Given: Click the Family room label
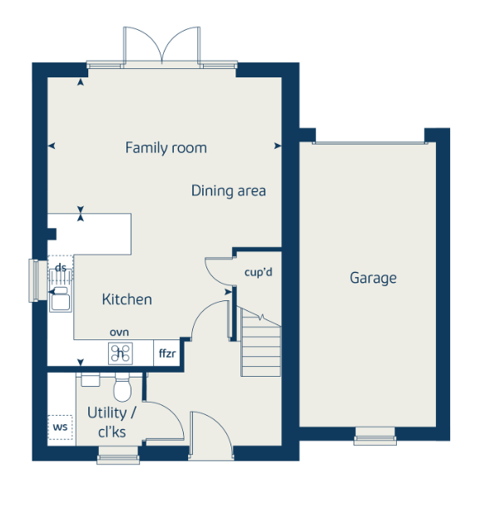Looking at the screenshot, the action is coord(166,148).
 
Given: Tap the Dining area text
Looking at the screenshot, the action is coord(229,190).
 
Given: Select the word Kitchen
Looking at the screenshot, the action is coord(126,299).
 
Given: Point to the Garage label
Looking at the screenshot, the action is coord(373,279).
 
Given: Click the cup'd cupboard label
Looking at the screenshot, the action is coord(259,272).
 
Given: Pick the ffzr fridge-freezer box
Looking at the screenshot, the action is coord(167,353).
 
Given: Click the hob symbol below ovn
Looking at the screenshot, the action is coord(121,353).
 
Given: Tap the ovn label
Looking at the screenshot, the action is coord(120,333).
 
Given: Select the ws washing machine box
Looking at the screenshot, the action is coord(60,428).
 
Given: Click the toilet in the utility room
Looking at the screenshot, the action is coord(122,387).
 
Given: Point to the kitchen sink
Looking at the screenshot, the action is coord(60,299).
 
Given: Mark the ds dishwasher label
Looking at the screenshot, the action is coord(61,268).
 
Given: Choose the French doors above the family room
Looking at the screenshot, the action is coord(162,46).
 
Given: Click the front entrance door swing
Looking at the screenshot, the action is coord(210,434).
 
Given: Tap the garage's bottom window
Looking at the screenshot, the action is coord(375,436).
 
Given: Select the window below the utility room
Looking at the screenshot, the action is coord(118,456).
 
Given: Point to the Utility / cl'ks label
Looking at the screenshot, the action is coord(111,422).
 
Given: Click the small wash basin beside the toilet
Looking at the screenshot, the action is coord(91,379).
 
